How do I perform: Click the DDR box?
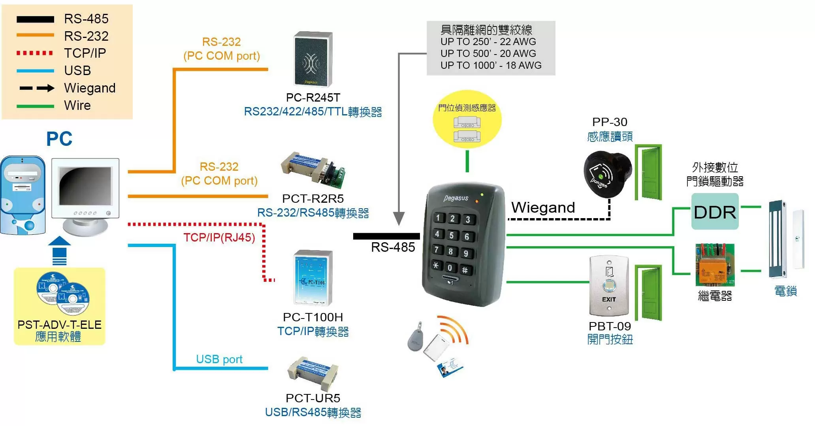[714, 212]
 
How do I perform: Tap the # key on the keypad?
[465, 270]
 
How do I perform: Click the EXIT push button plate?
[609, 286]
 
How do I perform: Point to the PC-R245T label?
[313, 98]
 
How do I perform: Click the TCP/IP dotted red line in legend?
[35, 53]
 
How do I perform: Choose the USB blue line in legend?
[35, 71]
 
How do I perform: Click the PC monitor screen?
[85, 185]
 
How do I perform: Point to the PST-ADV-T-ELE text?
[59, 324]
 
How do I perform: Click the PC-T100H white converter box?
[313, 277]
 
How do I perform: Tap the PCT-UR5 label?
[313, 398]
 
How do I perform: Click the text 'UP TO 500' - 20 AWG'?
[488, 53]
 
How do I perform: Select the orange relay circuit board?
[714, 265]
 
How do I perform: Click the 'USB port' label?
[219, 359]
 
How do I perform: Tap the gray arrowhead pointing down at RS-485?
[399, 219]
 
